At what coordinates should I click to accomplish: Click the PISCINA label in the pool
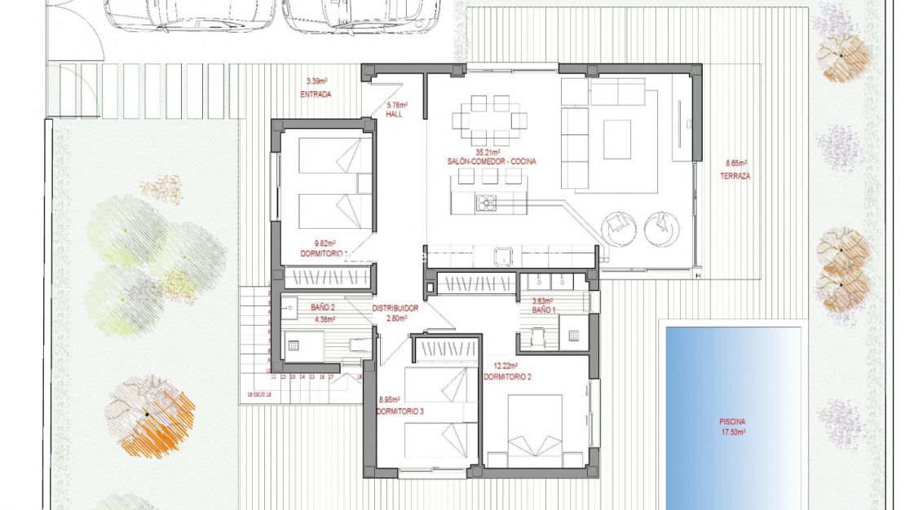(x=732, y=422)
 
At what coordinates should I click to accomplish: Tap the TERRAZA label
(x=735, y=176)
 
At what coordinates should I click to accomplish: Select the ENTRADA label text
(x=316, y=95)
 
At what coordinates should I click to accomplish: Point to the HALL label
(x=395, y=115)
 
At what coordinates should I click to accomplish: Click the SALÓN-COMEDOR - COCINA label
(x=492, y=162)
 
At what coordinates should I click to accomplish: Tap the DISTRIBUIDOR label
(x=395, y=309)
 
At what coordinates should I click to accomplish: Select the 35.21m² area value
(x=488, y=152)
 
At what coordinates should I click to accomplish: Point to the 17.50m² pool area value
(x=732, y=432)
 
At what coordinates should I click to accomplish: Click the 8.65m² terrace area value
(x=735, y=163)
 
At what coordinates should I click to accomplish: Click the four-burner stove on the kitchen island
(x=487, y=203)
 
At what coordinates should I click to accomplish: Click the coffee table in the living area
(x=617, y=139)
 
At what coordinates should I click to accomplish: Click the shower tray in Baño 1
(x=573, y=336)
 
